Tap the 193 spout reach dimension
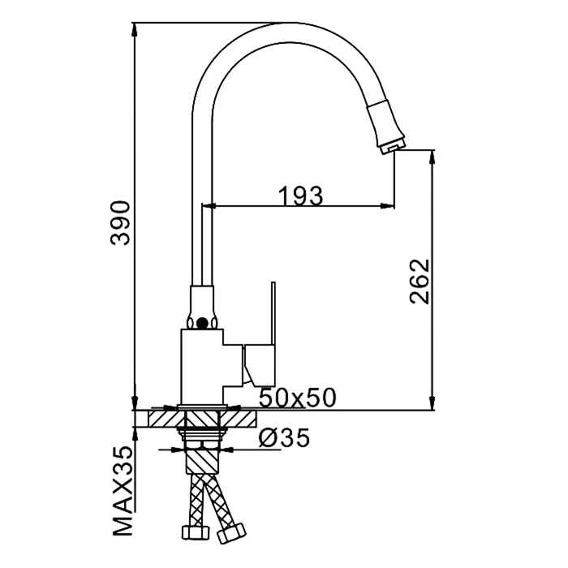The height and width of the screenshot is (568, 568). coord(300,196)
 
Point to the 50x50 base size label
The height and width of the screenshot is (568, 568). coord(298,398)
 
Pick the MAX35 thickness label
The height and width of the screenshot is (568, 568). coord(122,492)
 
